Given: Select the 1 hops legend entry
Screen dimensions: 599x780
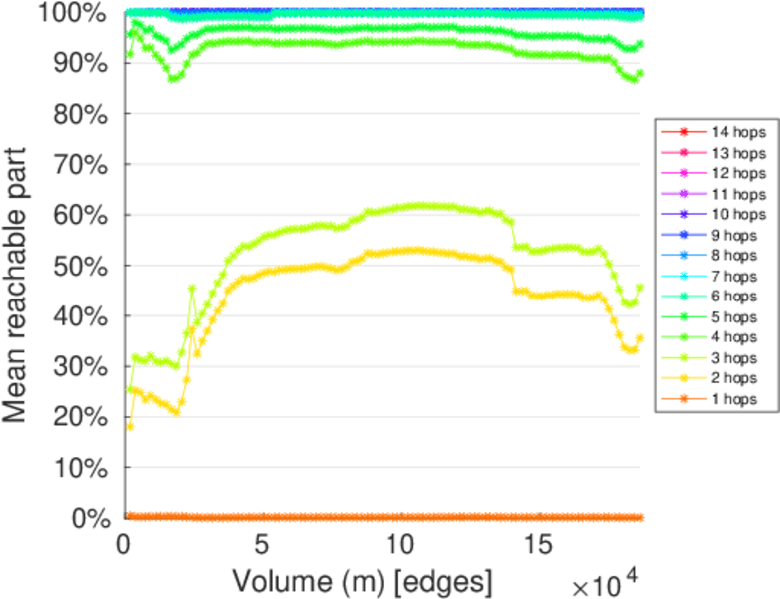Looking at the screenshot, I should coord(736,399).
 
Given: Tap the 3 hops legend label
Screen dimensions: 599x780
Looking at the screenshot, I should coord(736,357).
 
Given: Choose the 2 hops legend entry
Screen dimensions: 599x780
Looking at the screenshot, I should coord(736,378).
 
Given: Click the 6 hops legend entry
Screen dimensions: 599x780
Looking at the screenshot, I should coord(736,296).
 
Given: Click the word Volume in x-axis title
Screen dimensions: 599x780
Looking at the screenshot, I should coord(273,579).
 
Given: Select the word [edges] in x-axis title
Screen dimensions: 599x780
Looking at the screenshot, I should coord(446,579).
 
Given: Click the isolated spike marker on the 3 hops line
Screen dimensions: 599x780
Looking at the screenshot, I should coord(192,288).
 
